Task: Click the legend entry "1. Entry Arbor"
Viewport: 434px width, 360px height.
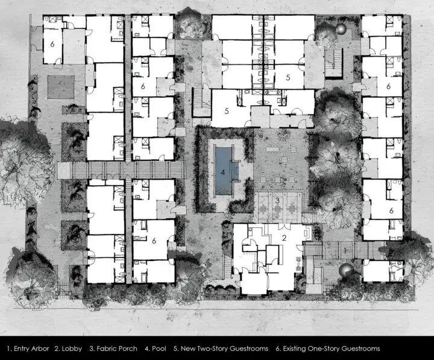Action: pos(28,349)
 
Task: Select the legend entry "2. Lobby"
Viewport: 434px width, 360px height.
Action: pos(68,349)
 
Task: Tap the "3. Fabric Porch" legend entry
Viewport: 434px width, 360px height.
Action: pos(113,349)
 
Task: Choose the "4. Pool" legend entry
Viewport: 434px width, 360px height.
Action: pos(156,349)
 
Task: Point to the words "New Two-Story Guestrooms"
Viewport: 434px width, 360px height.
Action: pos(224,349)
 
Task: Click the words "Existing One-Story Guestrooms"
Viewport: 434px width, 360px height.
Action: pos(332,349)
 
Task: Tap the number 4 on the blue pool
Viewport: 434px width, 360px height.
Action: pos(223,172)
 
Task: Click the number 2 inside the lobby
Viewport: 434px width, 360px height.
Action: pos(284,238)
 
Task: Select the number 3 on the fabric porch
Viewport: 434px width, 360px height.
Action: pos(277,200)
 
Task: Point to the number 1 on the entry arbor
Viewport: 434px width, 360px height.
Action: pos(345,250)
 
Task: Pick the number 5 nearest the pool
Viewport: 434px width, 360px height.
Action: pos(227,111)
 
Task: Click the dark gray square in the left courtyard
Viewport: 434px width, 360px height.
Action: pos(61,87)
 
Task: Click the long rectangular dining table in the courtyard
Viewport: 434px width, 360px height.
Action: pos(274,149)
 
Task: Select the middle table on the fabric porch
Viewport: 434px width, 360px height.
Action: pos(278,208)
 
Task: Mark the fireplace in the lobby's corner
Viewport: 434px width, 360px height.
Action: pos(308,232)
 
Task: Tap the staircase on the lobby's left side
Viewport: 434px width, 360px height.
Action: pos(227,267)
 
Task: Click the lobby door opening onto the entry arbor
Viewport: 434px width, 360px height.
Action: pos(300,247)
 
